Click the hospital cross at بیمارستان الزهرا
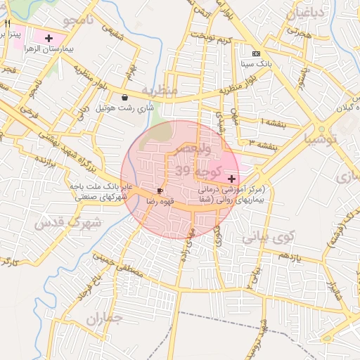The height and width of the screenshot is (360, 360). (x=49, y=38)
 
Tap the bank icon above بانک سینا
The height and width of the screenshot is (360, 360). (x=256, y=53)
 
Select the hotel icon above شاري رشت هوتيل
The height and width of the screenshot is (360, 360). (x=125, y=97)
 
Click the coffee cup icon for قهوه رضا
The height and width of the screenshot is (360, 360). (x=160, y=191)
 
